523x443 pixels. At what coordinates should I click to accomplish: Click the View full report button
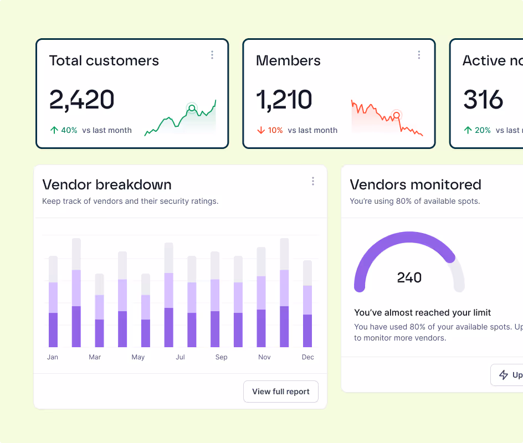[281, 392]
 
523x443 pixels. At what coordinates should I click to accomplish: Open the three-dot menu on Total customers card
[212, 55]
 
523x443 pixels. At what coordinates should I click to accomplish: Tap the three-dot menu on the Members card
[419, 55]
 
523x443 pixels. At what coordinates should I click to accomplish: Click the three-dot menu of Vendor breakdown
[313, 181]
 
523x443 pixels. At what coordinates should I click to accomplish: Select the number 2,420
[82, 100]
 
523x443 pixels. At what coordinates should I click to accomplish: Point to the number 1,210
[284, 100]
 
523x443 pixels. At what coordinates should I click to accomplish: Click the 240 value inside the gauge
[409, 277]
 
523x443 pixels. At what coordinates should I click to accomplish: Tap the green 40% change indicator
[64, 130]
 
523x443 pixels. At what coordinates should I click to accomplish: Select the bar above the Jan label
[53, 302]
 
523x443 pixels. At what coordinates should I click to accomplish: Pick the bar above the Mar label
[99, 310]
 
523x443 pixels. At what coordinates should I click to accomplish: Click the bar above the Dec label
[307, 304]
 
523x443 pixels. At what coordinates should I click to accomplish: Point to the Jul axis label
[180, 357]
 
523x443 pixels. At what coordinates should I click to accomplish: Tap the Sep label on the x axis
[221, 357]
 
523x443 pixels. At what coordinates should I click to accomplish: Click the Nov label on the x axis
[264, 357]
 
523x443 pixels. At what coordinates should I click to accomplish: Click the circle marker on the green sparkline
[191, 107]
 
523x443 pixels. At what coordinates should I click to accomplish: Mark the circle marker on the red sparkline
[396, 115]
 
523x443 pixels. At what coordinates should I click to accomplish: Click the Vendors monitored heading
[416, 184]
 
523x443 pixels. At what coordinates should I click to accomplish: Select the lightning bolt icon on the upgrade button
[504, 375]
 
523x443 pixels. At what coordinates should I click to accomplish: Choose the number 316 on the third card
[483, 100]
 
